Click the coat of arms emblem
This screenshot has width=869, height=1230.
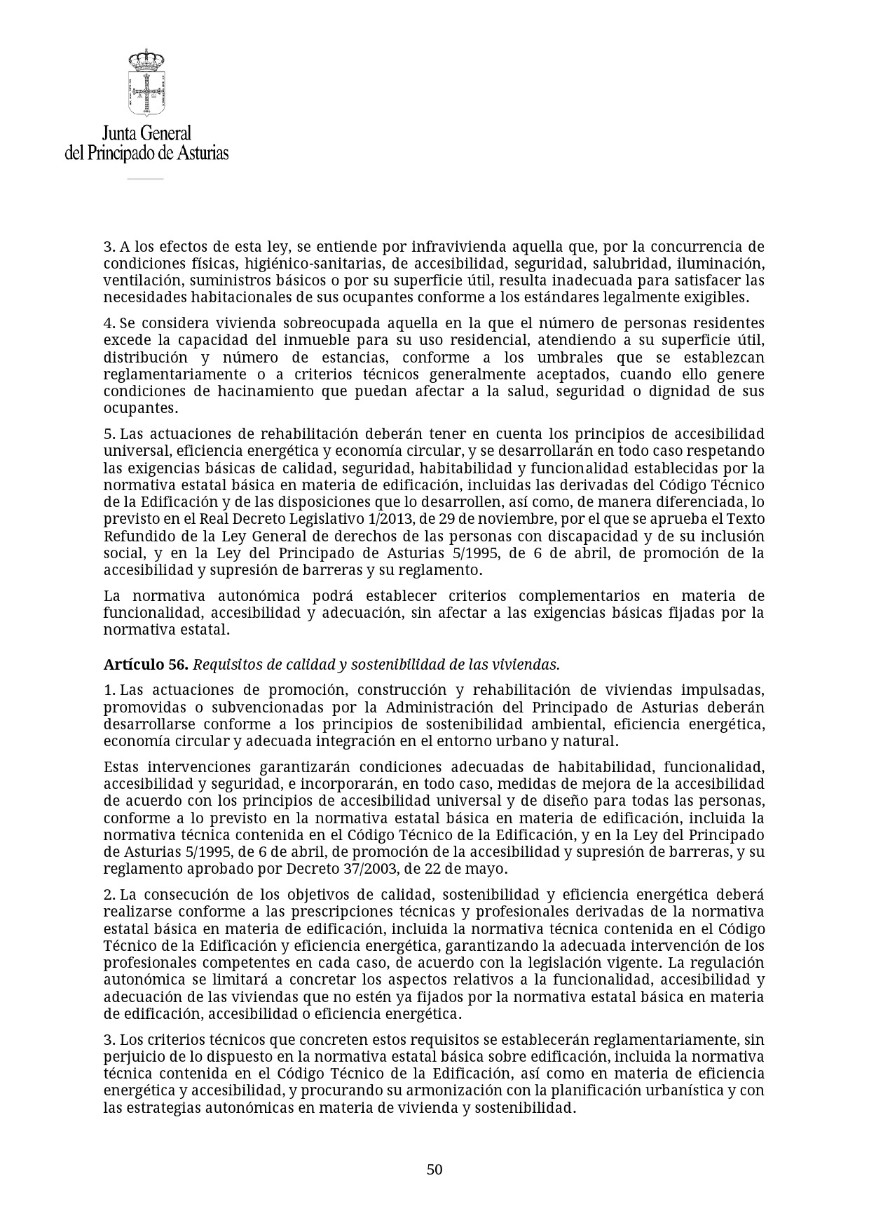pos(146,83)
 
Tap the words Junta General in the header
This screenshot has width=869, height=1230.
pos(146,133)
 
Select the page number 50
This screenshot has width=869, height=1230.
pos(434,1169)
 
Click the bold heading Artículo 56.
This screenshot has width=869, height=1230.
pos(146,664)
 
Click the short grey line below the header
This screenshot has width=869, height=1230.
pos(145,179)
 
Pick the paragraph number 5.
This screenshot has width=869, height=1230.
pos(109,434)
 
